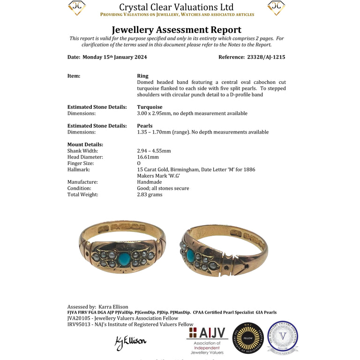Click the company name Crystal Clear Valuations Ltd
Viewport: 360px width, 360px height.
click(x=176, y=7)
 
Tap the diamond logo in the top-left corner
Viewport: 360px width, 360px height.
click(x=77, y=7)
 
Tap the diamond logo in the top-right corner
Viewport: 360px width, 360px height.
click(x=276, y=7)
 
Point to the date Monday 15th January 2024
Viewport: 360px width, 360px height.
click(x=115, y=57)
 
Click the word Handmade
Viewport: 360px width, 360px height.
click(x=149, y=182)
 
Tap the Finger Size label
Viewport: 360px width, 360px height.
click(x=81, y=163)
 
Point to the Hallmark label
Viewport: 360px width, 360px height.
click(x=79, y=169)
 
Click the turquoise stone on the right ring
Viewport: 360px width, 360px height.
click(x=190, y=255)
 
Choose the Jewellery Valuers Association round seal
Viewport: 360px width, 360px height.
click(x=283, y=337)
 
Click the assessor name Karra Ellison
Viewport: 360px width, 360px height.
click(x=113, y=307)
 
